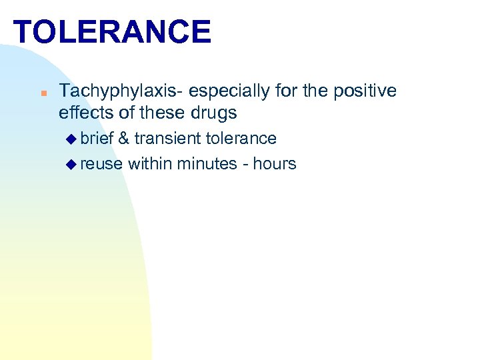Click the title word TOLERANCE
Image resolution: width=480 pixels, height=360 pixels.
[x=112, y=31]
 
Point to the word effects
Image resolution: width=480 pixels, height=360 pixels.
[x=85, y=112]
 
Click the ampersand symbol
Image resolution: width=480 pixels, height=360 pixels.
[x=123, y=139]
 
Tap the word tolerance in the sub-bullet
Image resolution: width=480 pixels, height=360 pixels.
[x=241, y=139]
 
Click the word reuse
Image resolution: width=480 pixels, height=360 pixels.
[x=101, y=163]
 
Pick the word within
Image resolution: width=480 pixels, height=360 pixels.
[x=150, y=163]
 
